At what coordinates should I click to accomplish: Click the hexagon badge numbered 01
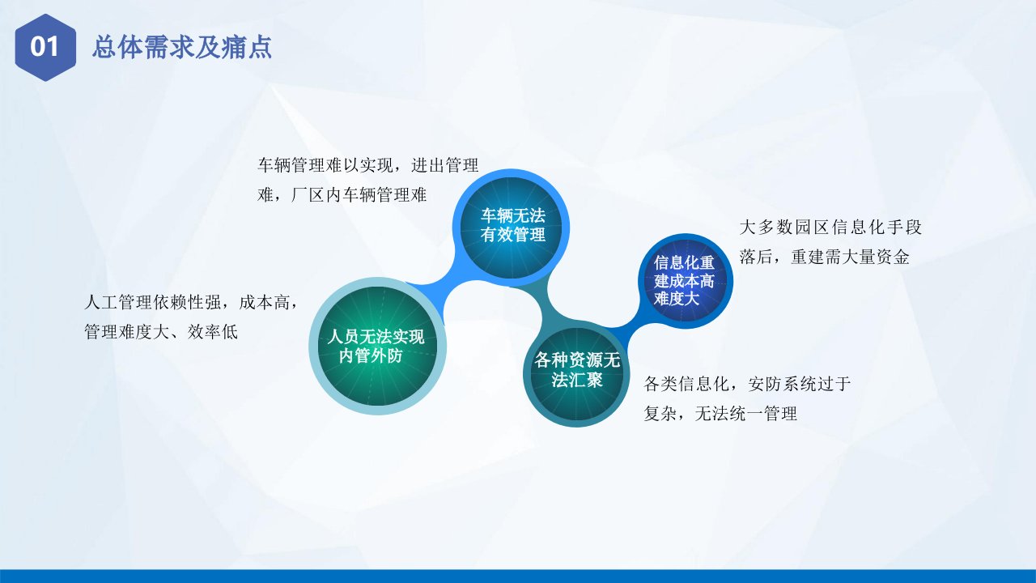tap(45, 47)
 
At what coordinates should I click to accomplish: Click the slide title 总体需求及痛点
tap(182, 47)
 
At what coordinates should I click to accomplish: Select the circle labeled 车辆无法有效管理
tap(511, 228)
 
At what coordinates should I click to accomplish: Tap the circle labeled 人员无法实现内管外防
tap(377, 346)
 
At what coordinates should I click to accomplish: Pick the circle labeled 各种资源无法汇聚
tap(577, 373)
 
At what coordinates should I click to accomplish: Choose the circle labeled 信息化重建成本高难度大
tap(686, 281)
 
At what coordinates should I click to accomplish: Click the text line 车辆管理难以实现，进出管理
tap(368, 165)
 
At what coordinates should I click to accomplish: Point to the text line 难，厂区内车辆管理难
tap(342, 195)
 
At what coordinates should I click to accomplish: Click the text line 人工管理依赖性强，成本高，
tap(192, 303)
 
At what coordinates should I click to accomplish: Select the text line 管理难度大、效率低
tap(161, 332)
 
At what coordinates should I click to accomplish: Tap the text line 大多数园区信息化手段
tap(830, 228)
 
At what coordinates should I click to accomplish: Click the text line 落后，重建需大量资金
tap(825, 257)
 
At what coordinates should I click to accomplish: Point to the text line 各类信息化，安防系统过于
tap(747, 384)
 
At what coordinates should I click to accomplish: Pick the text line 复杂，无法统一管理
tap(720, 413)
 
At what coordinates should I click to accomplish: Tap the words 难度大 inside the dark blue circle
tap(676, 299)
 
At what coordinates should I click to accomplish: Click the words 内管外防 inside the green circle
tap(371, 355)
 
